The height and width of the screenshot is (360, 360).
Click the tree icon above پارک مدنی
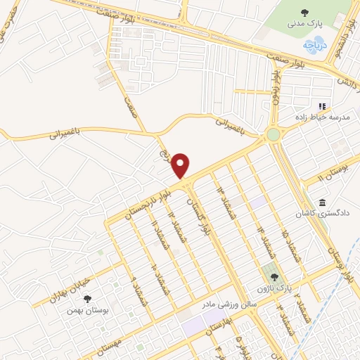click(304, 12)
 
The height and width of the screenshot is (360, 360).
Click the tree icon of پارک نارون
click(274, 278)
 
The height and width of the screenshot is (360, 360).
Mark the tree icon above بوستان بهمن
click(87, 299)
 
